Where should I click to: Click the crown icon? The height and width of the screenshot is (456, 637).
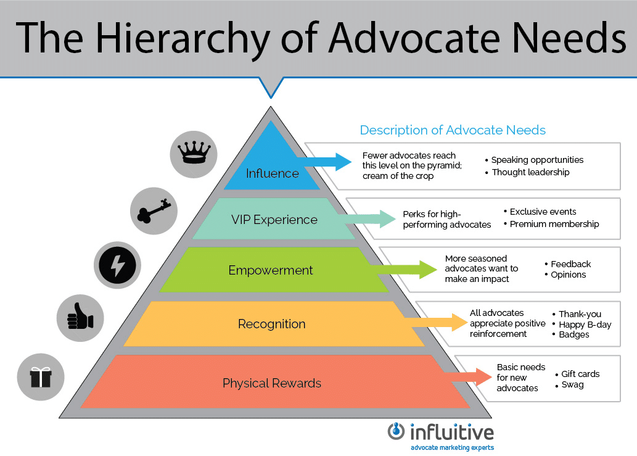click(x=194, y=153)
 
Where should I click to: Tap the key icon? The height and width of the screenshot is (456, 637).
click(x=154, y=210)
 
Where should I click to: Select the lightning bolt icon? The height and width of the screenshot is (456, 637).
click(x=117, y=265)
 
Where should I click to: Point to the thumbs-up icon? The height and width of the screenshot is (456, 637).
click(x=80, y=317)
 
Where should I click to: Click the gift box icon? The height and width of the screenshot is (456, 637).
click(x=41, y=377)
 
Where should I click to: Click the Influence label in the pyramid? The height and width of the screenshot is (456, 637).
click(x=272, y=173)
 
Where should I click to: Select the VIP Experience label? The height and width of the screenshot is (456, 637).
click(x=274, y=220)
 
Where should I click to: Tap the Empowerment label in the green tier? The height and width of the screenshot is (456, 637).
click(x=271, y=270)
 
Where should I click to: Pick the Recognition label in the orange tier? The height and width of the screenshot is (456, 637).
click(x=271, y=324)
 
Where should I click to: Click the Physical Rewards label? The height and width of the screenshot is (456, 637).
click(x=272, y=383)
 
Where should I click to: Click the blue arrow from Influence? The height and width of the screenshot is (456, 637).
click(x=324, y=162)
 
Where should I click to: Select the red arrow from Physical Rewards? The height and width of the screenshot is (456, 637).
click(x=467, y=377)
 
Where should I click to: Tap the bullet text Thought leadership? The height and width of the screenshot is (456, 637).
click(x=530, y=172)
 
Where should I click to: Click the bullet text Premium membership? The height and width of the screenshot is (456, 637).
click(x=554, y=224)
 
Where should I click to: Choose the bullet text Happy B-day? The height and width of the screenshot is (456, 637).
click(x=585, y=325)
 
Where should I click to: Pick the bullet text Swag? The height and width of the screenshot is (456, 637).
click(x=572, y=384)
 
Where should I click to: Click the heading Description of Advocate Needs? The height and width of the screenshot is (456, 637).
click(x=453, y=130)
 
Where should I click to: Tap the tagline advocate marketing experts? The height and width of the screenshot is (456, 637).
click(x=452, y=447)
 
